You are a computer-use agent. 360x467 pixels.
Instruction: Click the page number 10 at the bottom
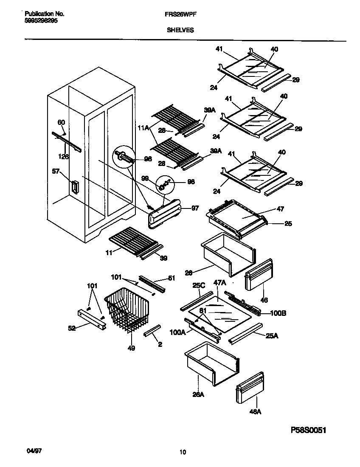click(183, 452)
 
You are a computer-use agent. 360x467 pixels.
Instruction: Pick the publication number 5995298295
click(39, 20)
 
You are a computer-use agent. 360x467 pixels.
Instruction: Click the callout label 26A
click(197, 394)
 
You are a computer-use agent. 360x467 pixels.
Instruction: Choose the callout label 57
click(56, 172)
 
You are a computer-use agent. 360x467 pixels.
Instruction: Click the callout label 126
click(63, 157)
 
